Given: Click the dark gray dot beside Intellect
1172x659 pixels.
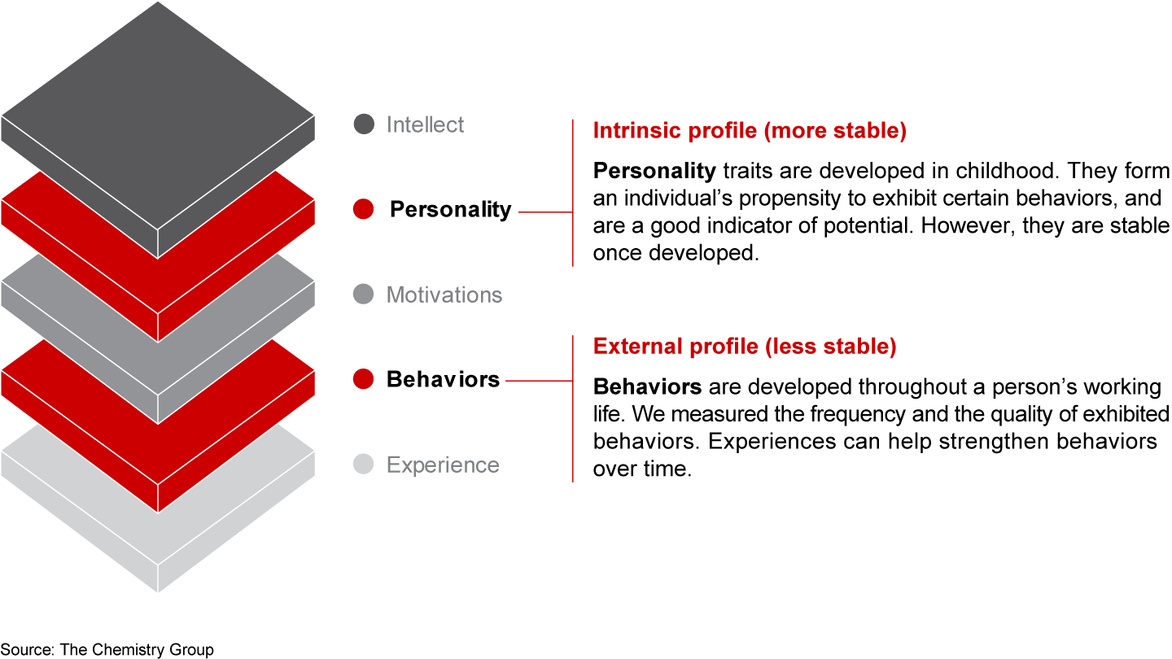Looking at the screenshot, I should (x=364, y=124).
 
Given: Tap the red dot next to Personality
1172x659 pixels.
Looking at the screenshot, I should (x=364, y=209).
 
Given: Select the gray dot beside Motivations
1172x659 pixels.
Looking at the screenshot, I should (x=364, y=295).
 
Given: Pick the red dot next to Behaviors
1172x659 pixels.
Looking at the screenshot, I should (x=364, y=379).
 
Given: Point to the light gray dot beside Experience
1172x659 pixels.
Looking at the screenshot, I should (x=364, y=465).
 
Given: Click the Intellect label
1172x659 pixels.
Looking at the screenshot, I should (x=425, y=124).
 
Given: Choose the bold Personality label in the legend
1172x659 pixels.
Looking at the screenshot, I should (x=450, y=209).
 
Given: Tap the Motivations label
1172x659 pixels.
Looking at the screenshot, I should (x=444, y=295).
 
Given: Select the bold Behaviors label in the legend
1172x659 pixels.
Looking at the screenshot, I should (x=443, y=379).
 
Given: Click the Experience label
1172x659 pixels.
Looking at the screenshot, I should (x=443, y=465).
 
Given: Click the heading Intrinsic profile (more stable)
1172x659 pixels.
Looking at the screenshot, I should (x=750, y=131).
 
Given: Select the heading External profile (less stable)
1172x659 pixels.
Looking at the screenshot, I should (x=745, y=347).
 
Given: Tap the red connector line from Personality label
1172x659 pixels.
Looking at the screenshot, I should (x=544, y=212).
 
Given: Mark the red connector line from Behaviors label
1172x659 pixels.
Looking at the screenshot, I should (x=538, y=380).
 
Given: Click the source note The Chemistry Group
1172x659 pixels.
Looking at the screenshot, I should (x=107, y=648).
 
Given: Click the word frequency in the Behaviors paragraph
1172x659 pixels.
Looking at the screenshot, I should (x=856, y=414).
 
